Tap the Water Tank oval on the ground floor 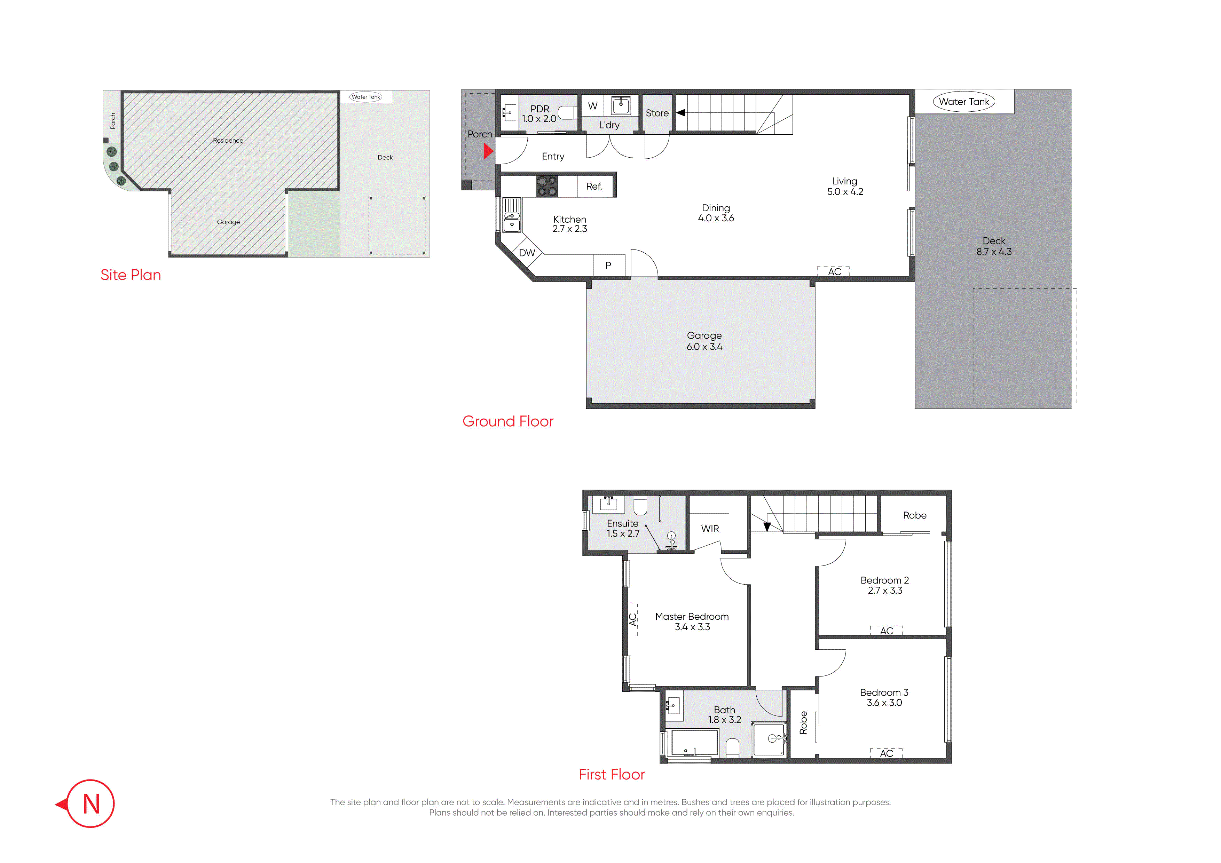964,102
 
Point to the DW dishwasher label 527,253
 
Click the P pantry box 609,265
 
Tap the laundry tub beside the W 621,105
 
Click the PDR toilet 567,113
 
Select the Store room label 657,113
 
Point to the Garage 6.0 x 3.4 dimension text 704,347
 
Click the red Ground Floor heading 508,421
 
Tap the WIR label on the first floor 710,529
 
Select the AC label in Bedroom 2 887,631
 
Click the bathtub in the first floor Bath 694,743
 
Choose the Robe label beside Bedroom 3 803,723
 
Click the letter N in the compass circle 92,804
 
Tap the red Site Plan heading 131,275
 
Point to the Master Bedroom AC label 632,619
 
